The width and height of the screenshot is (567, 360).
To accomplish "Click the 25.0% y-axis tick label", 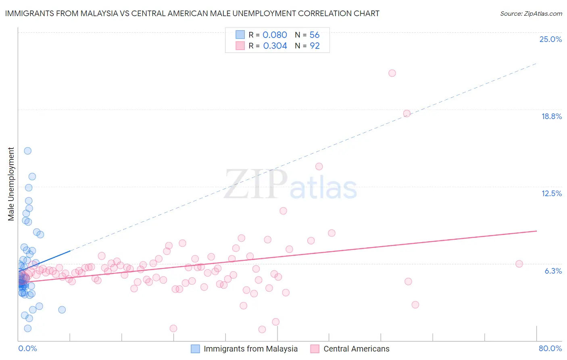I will click(x=550, y=39).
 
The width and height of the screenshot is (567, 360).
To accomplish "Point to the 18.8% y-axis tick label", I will click(x=551, y=116).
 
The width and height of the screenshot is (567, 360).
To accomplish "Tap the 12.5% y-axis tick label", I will click(x=551, y=193).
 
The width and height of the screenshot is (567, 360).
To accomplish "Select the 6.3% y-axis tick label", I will click(x=553, y=271).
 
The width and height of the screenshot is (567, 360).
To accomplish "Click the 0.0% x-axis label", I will click(x=27, y=348).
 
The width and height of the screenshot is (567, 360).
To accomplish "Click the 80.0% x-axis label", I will click(x=550, y=348).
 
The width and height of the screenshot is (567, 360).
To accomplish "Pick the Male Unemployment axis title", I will click(x=11, y=184).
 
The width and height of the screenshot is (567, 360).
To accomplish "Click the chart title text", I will click(x=192, y=13).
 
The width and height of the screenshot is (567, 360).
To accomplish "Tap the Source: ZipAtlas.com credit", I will click(x=531, y=13).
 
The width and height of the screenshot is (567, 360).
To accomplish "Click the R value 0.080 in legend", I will click(x=275, y=35).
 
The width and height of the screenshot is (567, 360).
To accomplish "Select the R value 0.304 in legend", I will click(x=275, y=46).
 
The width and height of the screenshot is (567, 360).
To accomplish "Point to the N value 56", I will click(x=315, y=35).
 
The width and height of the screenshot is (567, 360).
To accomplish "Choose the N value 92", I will click(x=315, y=46).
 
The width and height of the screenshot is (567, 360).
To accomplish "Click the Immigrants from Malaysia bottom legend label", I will click(x=250, y=349).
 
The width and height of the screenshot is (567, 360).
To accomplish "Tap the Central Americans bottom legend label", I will click(x=356, y=349).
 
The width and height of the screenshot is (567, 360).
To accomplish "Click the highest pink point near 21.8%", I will click(x=392, y=73).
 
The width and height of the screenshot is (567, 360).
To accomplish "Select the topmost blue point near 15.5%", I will click(x=27, y=151).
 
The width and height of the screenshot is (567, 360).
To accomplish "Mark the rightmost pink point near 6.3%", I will click(x=519, y=264).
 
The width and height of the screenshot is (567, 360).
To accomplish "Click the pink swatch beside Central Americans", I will click(x=315, y=349).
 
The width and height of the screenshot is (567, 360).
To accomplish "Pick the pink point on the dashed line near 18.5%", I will click(x=406, y=113).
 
